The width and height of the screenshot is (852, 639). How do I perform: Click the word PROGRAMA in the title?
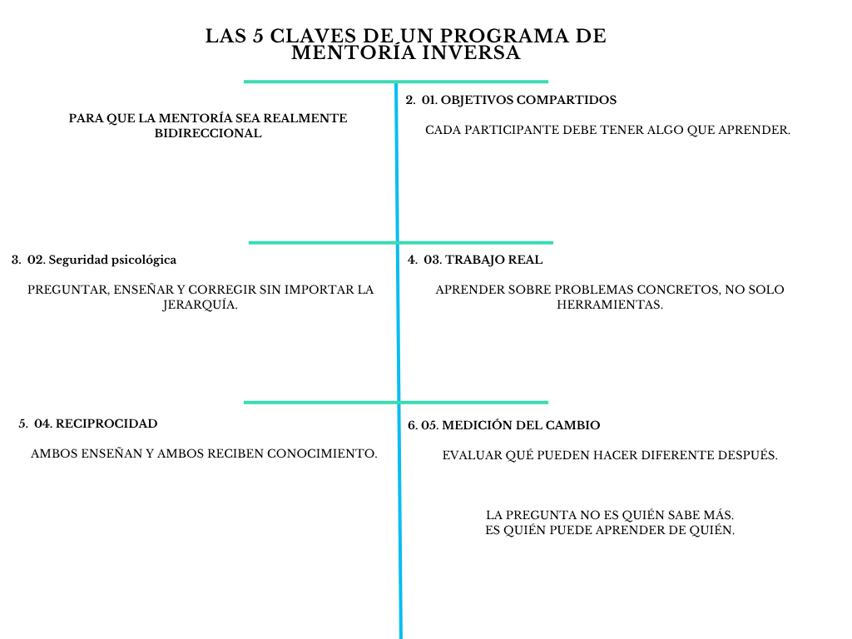click(x=503, y=36)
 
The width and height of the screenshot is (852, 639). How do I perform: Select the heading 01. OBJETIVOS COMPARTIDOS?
click(x=519, y=100)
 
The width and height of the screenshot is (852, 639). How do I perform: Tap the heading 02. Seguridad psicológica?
click(x=102, y=260)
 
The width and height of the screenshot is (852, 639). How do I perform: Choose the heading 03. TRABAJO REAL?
click(x=483, y=260)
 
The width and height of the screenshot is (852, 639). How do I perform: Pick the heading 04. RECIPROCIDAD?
click(x=96, y=424)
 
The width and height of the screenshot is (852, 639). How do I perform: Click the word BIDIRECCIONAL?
click(x=208, y=133)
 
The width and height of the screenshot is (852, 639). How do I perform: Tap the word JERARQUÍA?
click(x=200, y=305)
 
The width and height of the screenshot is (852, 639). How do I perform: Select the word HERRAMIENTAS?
click(x=610, y=305)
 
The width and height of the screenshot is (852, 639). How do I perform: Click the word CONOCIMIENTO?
click(x=322, y=453)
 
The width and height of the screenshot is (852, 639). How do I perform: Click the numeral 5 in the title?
click(x=258, y=36)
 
